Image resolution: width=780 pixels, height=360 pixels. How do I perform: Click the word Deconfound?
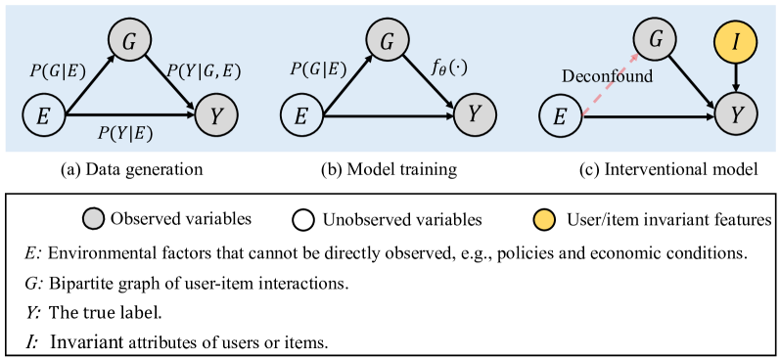click(x=607, y=76)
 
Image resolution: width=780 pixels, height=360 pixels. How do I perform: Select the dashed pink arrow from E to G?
click(x=609, y=84)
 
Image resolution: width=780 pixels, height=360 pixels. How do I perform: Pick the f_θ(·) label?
click(x=452, y=70)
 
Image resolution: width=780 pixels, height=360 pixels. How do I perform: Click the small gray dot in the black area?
click(x=94, y=219)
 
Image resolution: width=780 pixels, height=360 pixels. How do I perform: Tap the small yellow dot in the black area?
click(x=544, y=219)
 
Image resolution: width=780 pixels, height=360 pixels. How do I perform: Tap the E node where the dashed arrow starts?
click(x=560, y=117)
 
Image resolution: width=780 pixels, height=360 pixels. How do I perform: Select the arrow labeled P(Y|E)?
click(x=127, y=117)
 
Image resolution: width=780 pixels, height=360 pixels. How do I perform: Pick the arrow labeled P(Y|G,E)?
click(x=172, y=80)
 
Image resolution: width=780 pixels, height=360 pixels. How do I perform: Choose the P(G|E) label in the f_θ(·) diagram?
click(x=319, y=69)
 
